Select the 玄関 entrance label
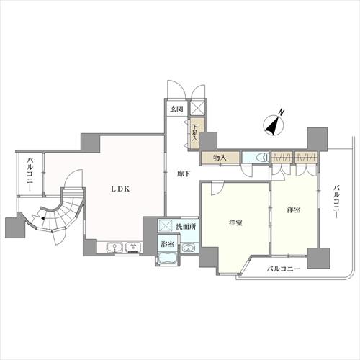tap(176, 109)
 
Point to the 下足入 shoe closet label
tap(194, 133)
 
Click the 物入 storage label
tap(220, 157)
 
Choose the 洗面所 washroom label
tap(188, 226)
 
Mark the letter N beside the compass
tap(282, 112)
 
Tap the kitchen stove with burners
tap(134, 248)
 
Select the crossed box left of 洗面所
tap(165, 225)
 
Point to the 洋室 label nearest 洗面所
tap(234, 222)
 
